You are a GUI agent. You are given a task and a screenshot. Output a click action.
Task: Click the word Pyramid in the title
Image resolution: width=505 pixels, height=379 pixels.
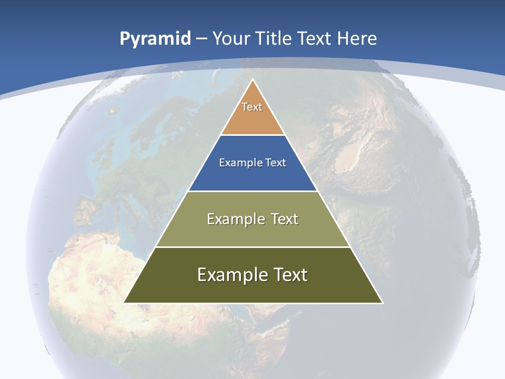coord(155,39)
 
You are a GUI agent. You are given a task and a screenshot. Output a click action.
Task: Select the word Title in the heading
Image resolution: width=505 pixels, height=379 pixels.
coord(275,38)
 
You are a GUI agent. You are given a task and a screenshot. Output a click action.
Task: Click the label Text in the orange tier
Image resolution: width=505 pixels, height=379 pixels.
coord(252,107)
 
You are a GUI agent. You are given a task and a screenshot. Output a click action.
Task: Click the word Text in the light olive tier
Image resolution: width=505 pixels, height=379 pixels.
coord(282,219)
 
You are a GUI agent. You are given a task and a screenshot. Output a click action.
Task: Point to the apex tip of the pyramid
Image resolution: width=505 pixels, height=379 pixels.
coord(253,80)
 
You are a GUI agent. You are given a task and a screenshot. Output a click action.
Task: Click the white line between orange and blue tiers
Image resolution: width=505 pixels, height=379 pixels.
coord(252,135)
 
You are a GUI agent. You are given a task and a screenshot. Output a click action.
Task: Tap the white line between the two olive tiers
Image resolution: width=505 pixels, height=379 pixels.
coord(252,247)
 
